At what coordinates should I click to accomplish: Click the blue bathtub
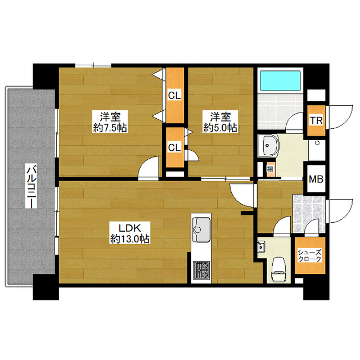[x=280, y=81]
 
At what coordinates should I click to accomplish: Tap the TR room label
[x=316, y=120]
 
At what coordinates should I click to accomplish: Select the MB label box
[x=316, y=179]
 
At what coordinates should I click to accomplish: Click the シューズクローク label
[x=309, y=255]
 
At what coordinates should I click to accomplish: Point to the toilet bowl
[x=278, y=269]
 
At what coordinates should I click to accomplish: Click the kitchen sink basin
[x=201, y=229]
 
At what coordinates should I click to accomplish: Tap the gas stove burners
[x=201, y=271]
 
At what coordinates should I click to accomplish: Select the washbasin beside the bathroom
[x=268, y=146]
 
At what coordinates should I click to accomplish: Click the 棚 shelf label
[x=270, y=169]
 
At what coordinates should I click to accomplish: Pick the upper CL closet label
[x=174, y=96]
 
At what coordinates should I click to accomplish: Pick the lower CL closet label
[x=174, y=147]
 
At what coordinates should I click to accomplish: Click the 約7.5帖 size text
[x=110, y=128]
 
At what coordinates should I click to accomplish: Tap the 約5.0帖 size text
[x=220, y=128]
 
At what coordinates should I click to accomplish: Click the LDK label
[x=129, y=228]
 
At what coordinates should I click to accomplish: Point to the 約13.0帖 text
[x=130, y=239]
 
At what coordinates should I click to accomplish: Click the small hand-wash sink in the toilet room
[x=261, y=246]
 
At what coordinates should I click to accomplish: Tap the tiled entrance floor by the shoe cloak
[x=309, y=214]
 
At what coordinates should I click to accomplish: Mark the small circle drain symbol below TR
[x=317, y=143]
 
